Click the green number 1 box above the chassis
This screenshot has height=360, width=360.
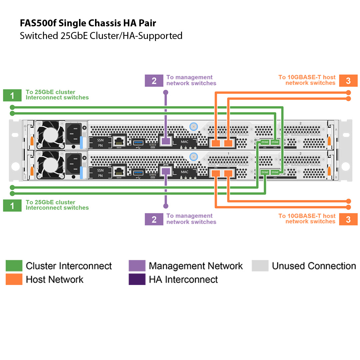pyautogui.click(x=12, y=95)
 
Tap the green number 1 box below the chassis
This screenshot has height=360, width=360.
pyautogui.click(x=12, y=206)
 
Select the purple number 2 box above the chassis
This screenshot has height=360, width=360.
pyautogui.click(x=154, y=81)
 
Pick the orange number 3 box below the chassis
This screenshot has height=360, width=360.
pyautogui.click(x=348, y=219)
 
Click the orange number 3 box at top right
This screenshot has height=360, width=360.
pyautogui.click(x=348, y=81)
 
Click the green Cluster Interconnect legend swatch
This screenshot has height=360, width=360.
pyautogui.click(x=14, y=266)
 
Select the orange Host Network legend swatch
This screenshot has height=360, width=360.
pyautogui.click(x=14, y=279)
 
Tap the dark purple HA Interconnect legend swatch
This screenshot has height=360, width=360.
pyautogui.click(x=137, y=279)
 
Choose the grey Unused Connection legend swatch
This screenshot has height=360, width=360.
pyautogui.click(x=260, y=266)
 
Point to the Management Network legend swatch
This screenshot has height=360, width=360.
pyautogui.click(x=137, y=266)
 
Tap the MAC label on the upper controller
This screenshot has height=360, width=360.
pyautogui.click(x=184, y=142)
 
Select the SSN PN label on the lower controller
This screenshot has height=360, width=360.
pyautogui.click(x=100, y=173)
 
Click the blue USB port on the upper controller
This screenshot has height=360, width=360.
pyautogui.click(x=138, y=143)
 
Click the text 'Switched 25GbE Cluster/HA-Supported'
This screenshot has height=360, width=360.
pyautogui.click(x=101, y=36)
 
